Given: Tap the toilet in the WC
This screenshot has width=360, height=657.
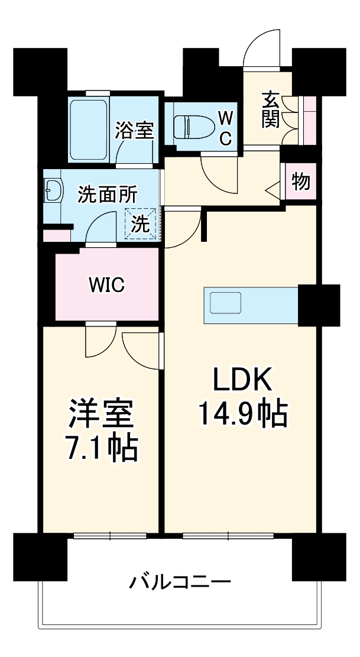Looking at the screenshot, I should coord(189,125).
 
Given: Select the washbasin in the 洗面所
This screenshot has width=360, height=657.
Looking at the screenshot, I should coord(53,191).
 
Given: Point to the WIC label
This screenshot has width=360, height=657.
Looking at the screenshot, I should coord(106,286).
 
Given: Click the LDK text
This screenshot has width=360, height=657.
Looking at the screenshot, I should coord(242,381).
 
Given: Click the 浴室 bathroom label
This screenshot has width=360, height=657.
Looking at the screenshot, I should coord(135,130).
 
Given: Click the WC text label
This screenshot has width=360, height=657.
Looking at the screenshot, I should coord(225,126).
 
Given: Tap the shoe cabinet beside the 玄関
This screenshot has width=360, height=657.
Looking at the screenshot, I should coord(309,118).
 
